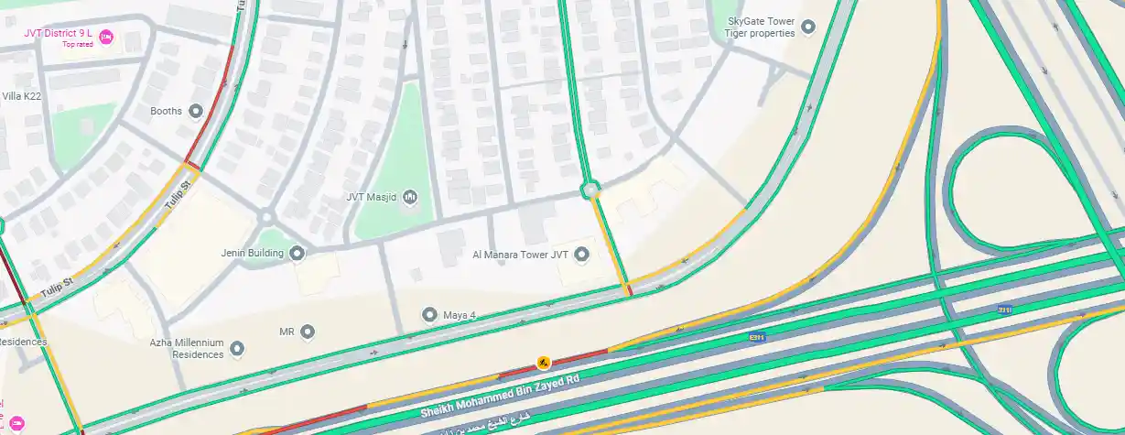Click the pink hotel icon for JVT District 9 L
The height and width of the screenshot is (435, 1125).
point(106,37)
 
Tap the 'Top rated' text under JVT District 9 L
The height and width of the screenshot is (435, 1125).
point(77,45)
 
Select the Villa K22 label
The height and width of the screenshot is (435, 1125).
point(21,96)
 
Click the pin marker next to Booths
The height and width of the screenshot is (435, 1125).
point(195,112)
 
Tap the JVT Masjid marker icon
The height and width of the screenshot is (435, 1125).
point(409,196)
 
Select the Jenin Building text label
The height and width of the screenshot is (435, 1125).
point(252,254)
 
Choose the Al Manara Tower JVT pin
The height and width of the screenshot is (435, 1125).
point(580,254)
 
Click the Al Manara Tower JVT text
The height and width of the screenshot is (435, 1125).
point(521,255)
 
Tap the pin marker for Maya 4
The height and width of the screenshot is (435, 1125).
point(429,315)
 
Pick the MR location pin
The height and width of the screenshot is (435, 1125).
point(308,331)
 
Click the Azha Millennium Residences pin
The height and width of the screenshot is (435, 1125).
point(237,348)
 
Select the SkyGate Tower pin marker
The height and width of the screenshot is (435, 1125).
point(807,27)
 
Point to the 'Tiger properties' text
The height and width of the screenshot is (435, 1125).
point(759,33)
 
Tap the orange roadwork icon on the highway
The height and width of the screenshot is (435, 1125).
point(544,363)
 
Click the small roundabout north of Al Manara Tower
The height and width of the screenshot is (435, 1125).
point(590,190)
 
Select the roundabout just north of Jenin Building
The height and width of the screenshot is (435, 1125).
point(266,218)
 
